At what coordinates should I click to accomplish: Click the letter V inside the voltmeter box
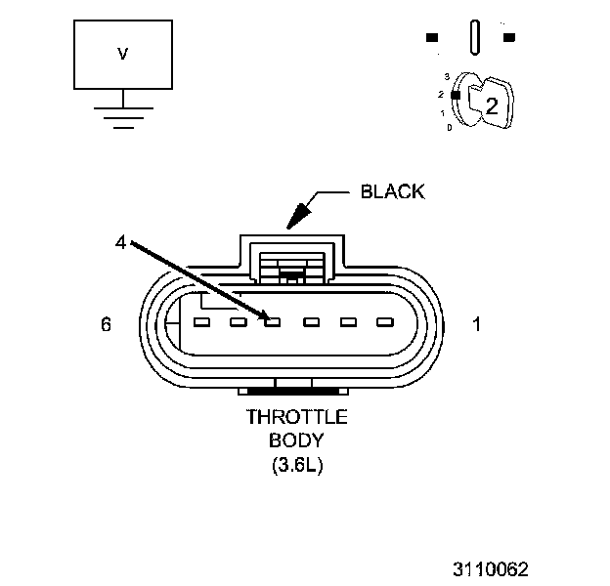(122, 56)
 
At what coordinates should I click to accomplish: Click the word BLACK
(393, 191)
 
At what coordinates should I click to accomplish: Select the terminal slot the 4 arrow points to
(273, 321)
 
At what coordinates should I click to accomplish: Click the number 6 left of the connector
(106, 325)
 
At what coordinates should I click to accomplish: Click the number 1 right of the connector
(477, 325)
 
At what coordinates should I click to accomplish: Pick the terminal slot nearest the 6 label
(201, 321)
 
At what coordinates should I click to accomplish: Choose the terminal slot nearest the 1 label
(383, 321)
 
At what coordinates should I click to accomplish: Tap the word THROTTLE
(296, 417)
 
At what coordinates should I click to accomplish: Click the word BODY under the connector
(297, 441)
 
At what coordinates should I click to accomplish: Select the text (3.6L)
(297, 466)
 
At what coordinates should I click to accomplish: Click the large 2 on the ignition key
(492, 107)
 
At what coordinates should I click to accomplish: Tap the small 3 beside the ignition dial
(446, 75)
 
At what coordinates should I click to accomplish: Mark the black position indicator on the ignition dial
(455, 95)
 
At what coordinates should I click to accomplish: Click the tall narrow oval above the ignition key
(474, 39)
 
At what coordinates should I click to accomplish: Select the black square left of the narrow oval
(431, 38)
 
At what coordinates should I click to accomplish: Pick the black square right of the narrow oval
(509, 38)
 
